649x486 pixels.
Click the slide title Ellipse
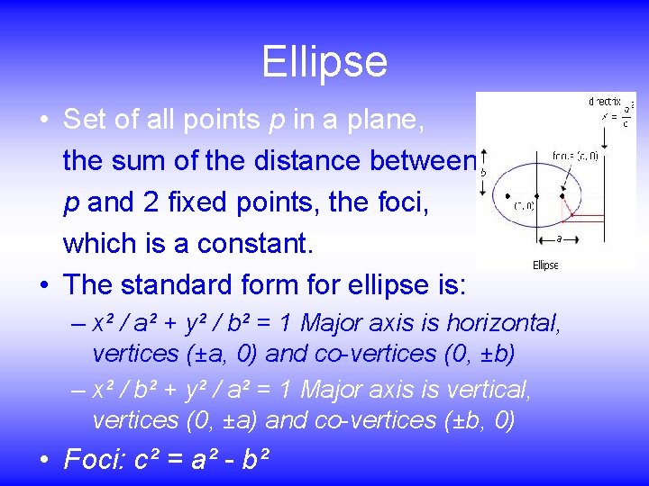[324, 62]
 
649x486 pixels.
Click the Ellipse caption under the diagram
[545, 265]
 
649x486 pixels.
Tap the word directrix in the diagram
[604, 102]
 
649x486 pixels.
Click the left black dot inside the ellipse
[508, 195]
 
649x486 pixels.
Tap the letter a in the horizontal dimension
[560, 239]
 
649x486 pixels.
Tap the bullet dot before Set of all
[44, 120]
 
